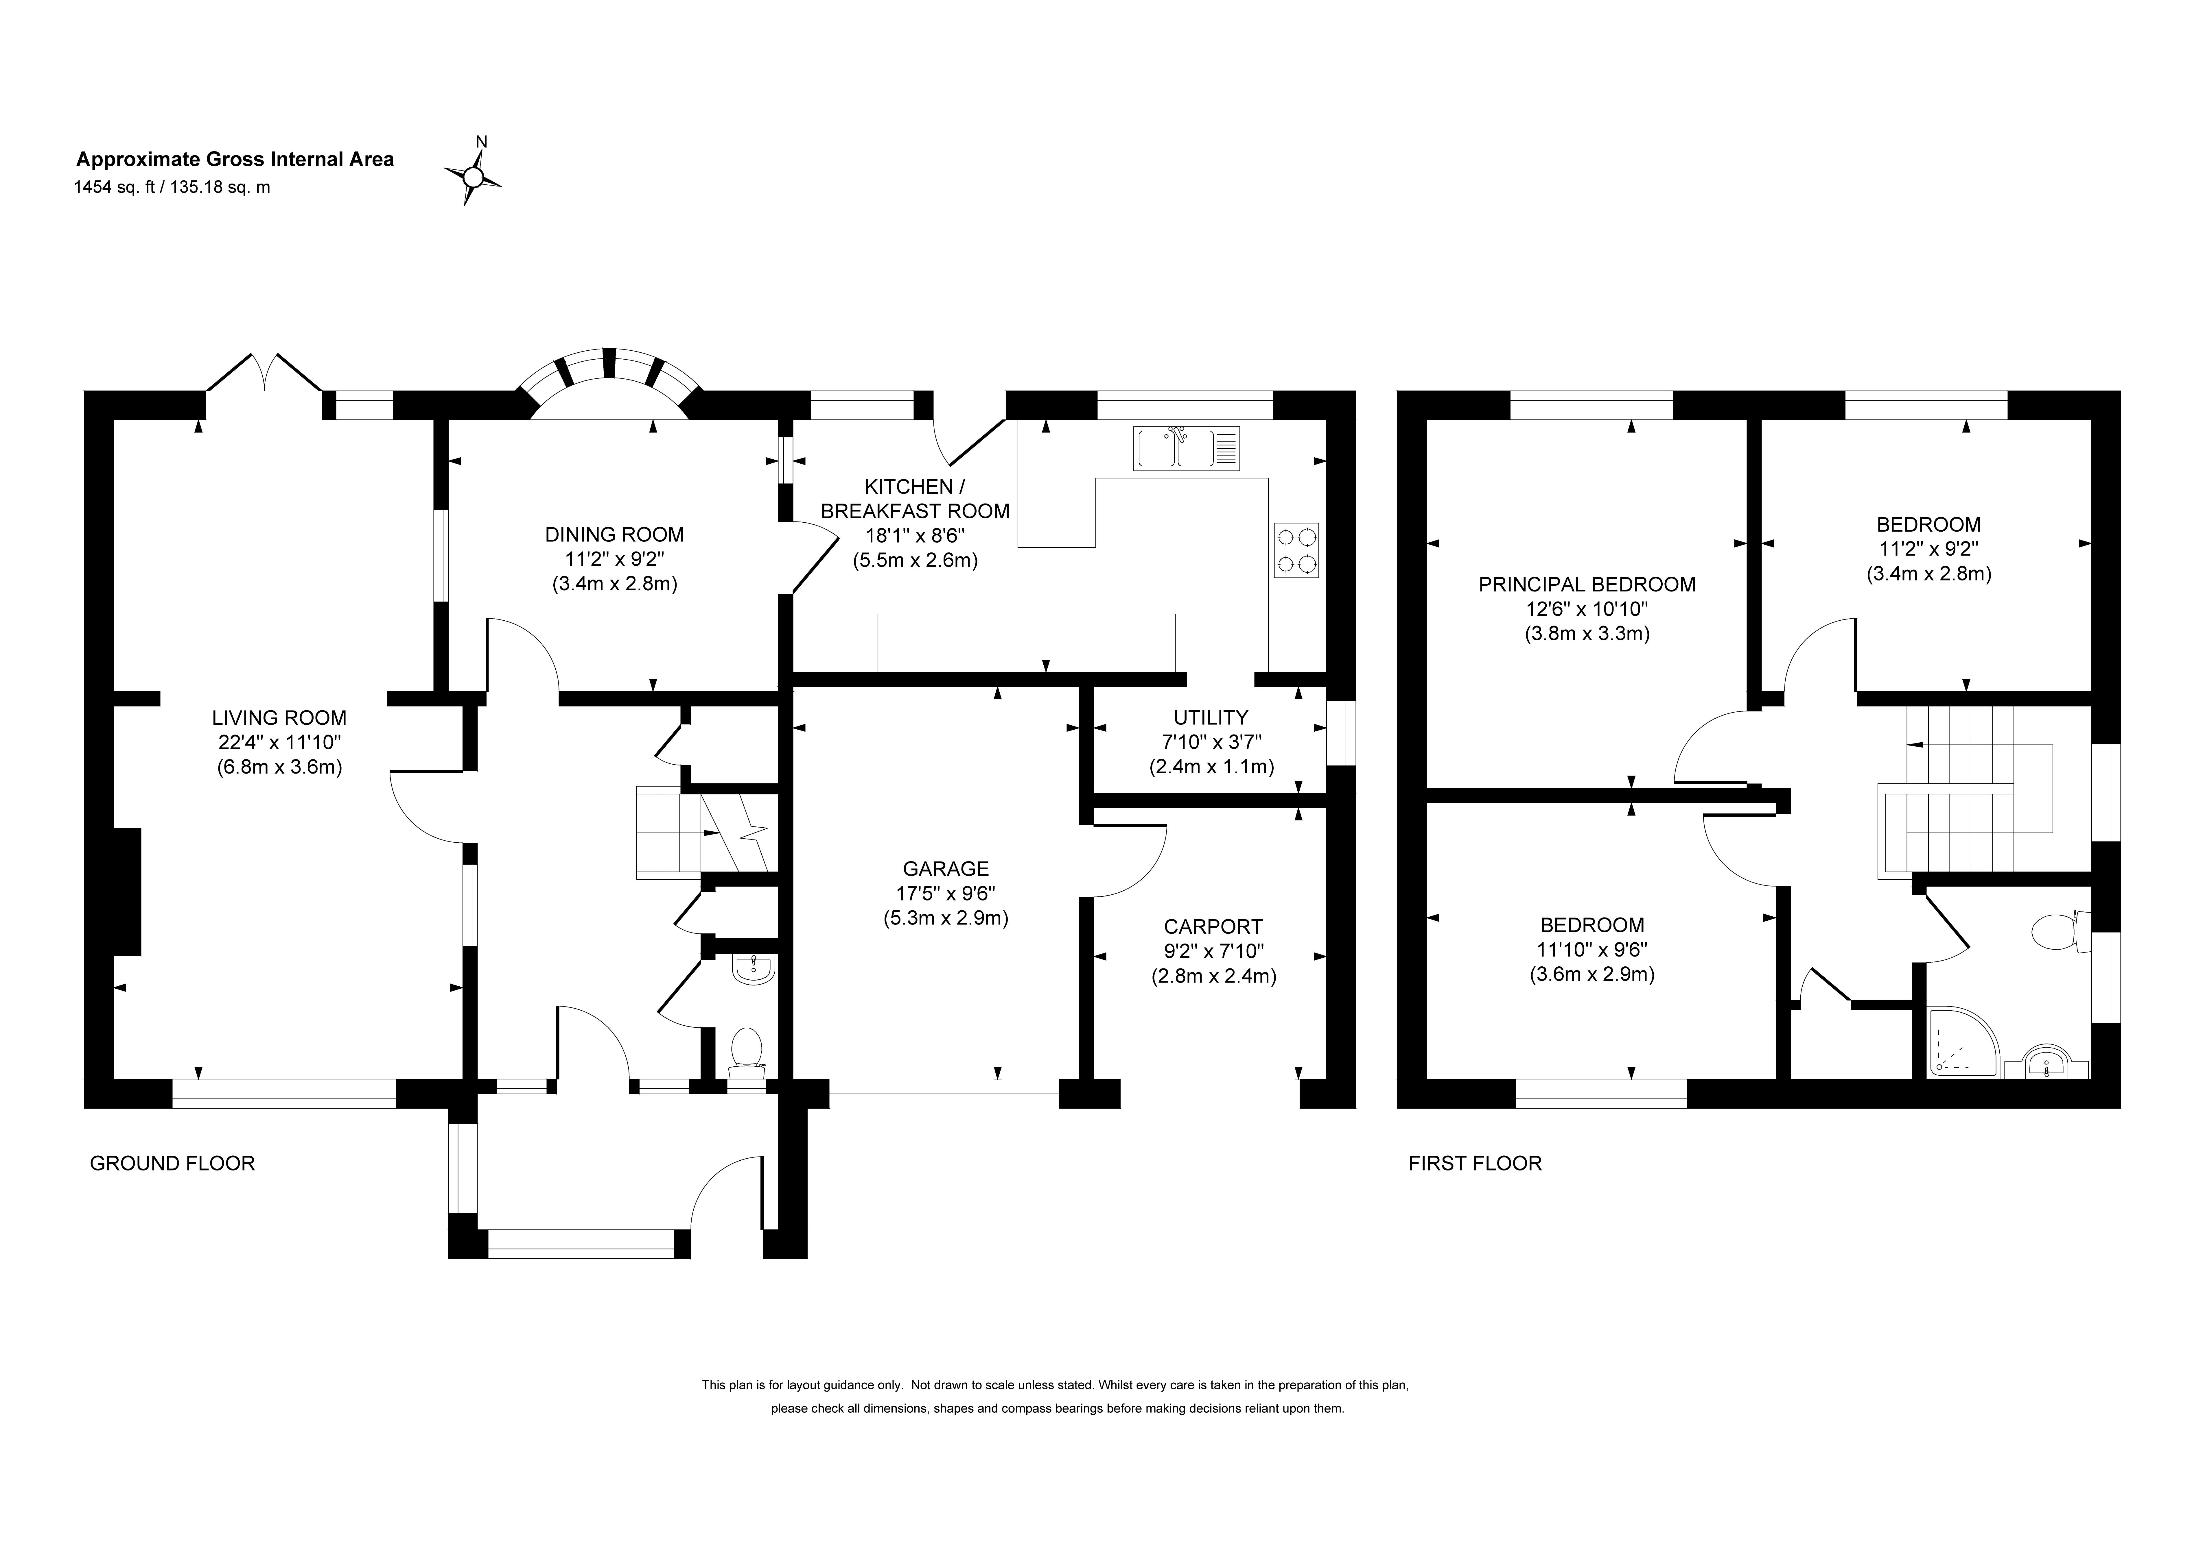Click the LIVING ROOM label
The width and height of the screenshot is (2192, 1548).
pyautogui.click(x=279, y=718)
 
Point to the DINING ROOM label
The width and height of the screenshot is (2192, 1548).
pyautogui.click(x=615, y=535)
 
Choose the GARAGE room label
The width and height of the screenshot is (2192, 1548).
pyautogui.click(x=946, y=868)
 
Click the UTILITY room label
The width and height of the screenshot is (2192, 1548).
pyautogui.click(x=1211, y=717)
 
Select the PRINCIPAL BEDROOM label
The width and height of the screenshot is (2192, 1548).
pyautogui.click(x=1587, y=584)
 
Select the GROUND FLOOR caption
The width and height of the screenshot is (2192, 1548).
pyautogui.click(x=172, y=1164)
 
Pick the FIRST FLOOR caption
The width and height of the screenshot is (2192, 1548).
pyautogui.click(x=1475, y=1164)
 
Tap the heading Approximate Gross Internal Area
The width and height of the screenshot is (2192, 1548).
pyautogui.click(x=235, y=159)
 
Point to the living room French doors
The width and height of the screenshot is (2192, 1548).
pyautogui.click(x=264, y=374)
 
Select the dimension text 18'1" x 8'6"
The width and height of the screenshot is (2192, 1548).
pyautogui.click(x=915, y=535)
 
